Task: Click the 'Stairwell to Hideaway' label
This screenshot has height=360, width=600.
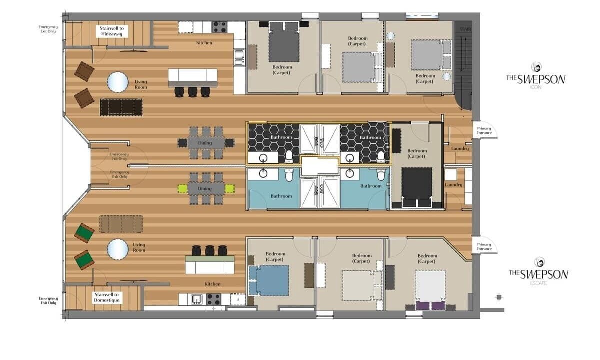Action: coord(112,31)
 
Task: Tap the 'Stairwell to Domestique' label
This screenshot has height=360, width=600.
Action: coord(107,297)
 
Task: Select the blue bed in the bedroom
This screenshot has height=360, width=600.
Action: coord(269,280)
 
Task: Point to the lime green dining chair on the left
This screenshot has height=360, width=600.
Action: coord(182,189)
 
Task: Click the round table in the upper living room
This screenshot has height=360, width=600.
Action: coord(118,82)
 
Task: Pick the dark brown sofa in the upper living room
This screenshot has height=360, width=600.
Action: coord(121,107)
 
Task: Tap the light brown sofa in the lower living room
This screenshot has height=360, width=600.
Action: coord(121,224)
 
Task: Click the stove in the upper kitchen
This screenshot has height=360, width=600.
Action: coord(219,27)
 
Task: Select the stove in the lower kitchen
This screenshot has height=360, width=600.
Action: coord(214,299)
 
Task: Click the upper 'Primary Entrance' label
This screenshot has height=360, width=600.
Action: coord(484,130)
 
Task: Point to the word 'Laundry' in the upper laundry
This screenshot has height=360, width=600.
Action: coord(460,149)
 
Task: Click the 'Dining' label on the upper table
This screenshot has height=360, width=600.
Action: coord(205,143)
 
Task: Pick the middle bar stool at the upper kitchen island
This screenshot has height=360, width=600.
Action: coord(193,92)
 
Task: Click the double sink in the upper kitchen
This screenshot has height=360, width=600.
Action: coord(239,57)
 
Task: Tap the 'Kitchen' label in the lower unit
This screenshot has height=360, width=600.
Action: coord(212,284)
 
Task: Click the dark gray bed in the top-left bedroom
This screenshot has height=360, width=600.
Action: coord(284,45)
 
